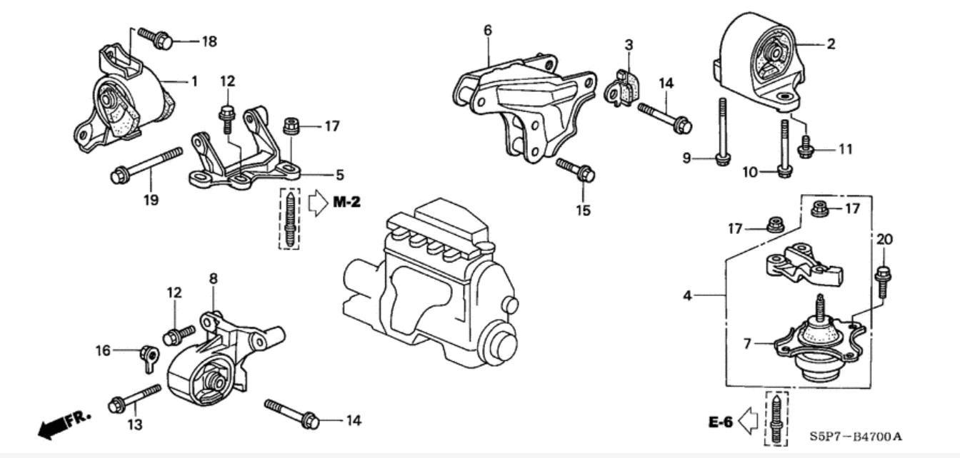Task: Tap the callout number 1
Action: pos(194,82)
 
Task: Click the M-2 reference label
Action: pos(346,203)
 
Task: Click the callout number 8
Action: pos(212,278)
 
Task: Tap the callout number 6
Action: pos(488,30)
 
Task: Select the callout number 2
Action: pos(831,44)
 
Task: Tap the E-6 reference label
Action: pos(721,422)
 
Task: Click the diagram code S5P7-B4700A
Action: pos(861,435)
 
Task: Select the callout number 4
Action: pos(687,294)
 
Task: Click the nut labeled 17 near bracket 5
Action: pos(291,126)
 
